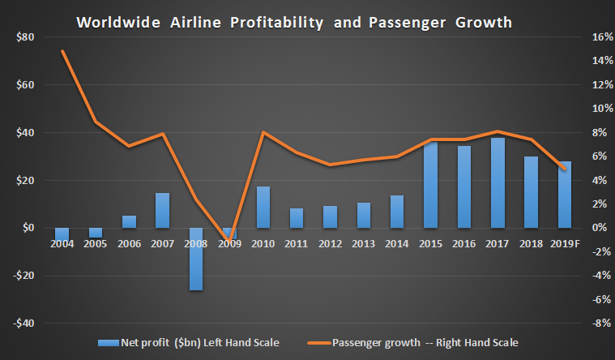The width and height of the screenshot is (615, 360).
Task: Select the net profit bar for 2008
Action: pos(196,259)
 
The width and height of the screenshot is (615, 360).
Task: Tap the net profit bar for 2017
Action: pos(498,182)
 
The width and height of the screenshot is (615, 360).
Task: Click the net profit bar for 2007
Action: pos(163,210)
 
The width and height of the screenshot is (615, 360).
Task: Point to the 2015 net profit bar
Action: pos(430,185)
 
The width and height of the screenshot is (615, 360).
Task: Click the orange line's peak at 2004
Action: pos(62,51)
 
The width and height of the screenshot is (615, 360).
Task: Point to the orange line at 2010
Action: pos(263,132)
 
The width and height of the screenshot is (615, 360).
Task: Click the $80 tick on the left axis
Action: pos(23,36)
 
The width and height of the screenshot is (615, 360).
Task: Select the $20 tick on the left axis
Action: pos(23,180)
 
